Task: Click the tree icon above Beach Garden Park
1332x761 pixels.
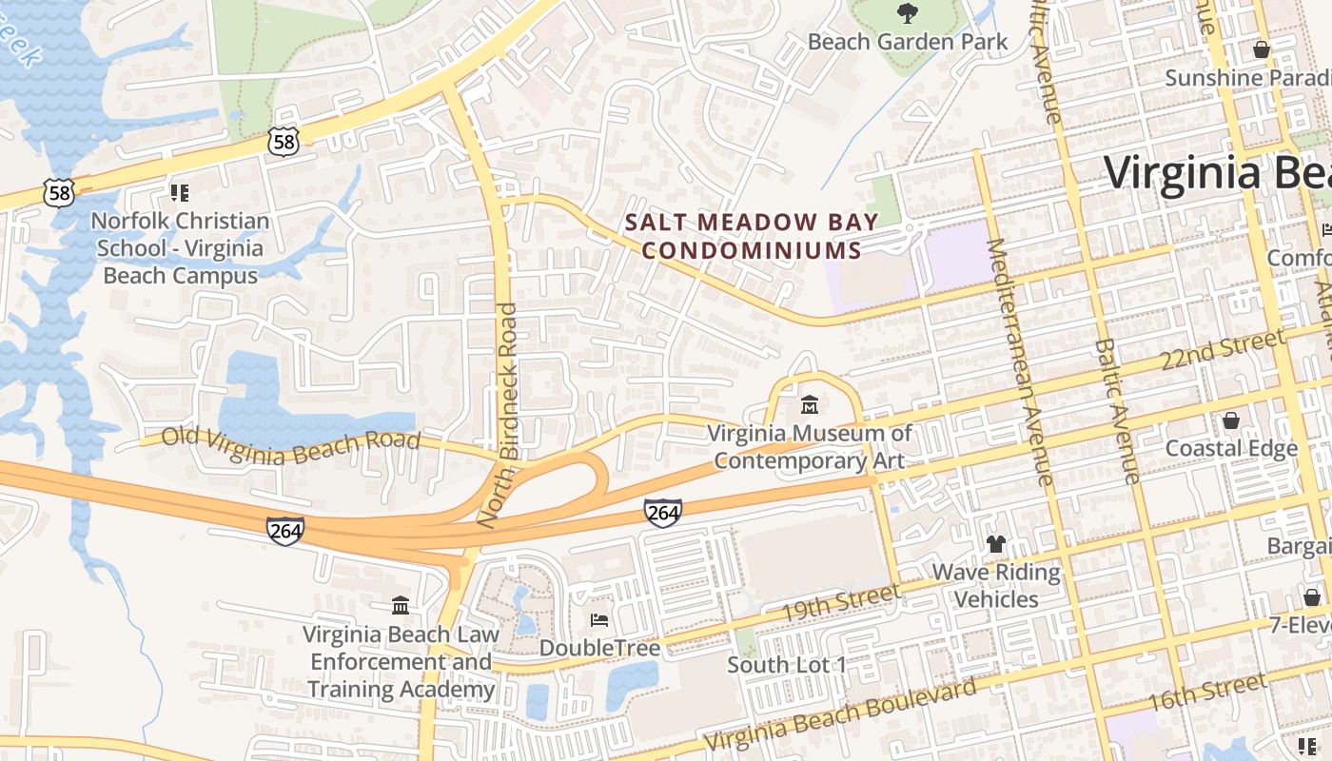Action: point(908,13)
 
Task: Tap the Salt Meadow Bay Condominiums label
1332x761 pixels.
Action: point(744,236)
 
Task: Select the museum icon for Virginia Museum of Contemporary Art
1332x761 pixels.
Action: point(810,405)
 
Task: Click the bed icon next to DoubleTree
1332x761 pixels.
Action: point(599,620)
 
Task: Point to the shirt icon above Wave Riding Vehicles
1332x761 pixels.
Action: point(995,544)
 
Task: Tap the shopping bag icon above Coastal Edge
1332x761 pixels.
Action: point(1230,420)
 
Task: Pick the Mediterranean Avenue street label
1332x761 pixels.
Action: point(1019,361)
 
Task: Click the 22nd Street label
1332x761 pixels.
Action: point(1223,351)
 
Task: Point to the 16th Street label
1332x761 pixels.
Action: point(1207,693)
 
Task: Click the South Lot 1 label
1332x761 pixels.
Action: point(786,664)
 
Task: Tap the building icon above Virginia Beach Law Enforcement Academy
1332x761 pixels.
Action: point(401,605)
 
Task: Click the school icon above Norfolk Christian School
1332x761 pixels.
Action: point(180,193)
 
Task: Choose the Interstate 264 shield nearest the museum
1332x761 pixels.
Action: point(662,514)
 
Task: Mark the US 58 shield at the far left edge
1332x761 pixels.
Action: point(59,193)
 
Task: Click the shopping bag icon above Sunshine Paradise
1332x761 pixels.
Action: point(1262,49)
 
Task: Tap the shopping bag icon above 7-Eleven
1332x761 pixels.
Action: point(1311,596)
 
